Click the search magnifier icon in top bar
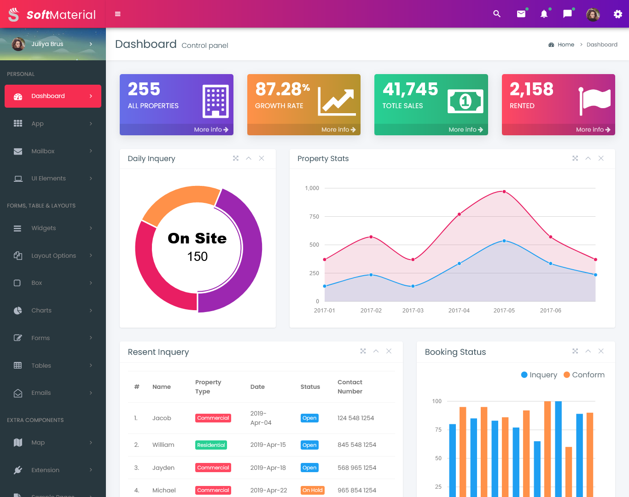pos(497,14)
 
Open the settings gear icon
pos(618,14)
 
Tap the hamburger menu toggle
pos(118,14)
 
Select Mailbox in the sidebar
pos(43,151)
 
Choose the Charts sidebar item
pos(41,311)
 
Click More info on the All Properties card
pos(211,130)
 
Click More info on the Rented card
pos(593,130)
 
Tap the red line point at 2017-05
pos(504,191)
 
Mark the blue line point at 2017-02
pos(371,275)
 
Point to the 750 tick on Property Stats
pos(314,217)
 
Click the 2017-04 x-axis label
pos(459,311)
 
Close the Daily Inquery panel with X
pos(262,158)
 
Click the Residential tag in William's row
pos(211,445)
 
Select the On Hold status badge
pos(312,490)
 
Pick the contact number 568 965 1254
pos(356,468)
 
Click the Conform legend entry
pos(584,375)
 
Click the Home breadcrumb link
pos(565,45)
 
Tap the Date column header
pos(257,387)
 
